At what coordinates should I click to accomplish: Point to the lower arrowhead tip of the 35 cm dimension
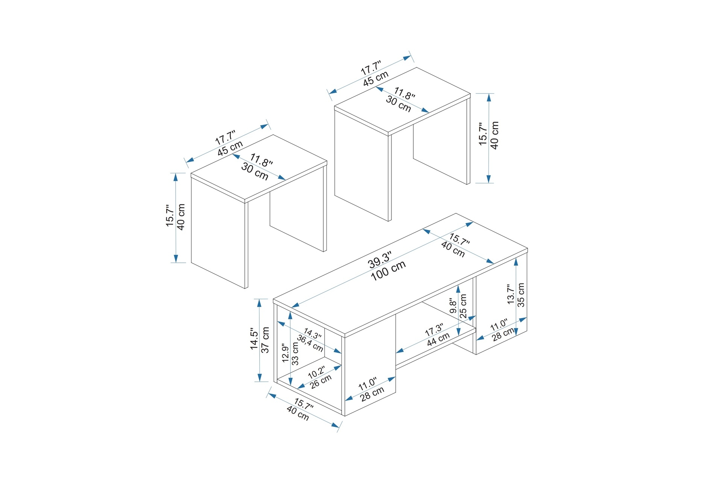(x=516, y=335)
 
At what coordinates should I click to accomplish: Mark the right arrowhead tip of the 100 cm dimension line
(x=473, y=223)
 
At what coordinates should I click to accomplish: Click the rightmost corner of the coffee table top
(x=528, y=248)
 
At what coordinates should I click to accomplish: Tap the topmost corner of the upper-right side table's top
(x=417, y=68)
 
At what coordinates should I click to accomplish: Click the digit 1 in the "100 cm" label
(x=374, y=277)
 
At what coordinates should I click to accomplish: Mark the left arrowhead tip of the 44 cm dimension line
(x=396, y=352)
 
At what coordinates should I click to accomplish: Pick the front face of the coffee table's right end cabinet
(x=502, y=305)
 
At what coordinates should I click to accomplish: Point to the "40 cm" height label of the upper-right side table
(x=495, y=135)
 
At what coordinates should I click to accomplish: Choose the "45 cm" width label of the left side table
(x=231, y=148)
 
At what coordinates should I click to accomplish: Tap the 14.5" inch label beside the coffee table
(x=254, y=340)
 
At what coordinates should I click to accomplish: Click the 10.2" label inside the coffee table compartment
(x=317, y=372)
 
